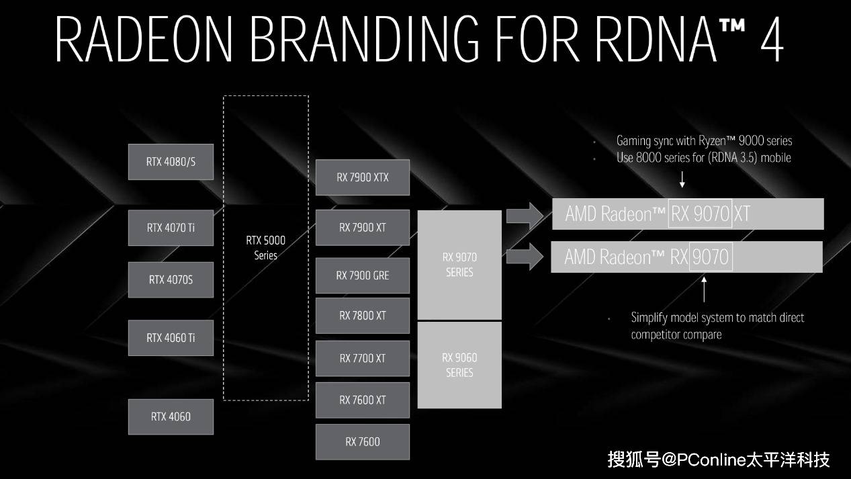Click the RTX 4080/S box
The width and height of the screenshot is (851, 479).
coord(171,162)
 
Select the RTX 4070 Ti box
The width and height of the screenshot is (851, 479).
coord(171,228)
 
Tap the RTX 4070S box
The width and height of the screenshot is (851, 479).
coord(171,279)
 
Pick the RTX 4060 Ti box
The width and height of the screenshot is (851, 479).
coord(171,338)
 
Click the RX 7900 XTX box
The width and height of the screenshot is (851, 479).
coord(363,178)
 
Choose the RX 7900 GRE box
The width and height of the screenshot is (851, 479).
coord(363,275)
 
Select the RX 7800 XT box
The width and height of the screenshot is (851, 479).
coord(363,316)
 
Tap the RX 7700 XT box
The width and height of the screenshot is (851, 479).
coord(363,358)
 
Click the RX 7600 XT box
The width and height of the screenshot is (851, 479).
coord(363,400)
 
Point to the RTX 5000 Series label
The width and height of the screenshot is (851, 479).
coord(266,247)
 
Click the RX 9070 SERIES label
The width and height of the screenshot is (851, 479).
coord(459,265)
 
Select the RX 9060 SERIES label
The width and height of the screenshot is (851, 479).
coord(459,365)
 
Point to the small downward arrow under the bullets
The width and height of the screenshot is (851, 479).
coord(682,179)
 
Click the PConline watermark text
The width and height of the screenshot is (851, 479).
coord(719,460)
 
